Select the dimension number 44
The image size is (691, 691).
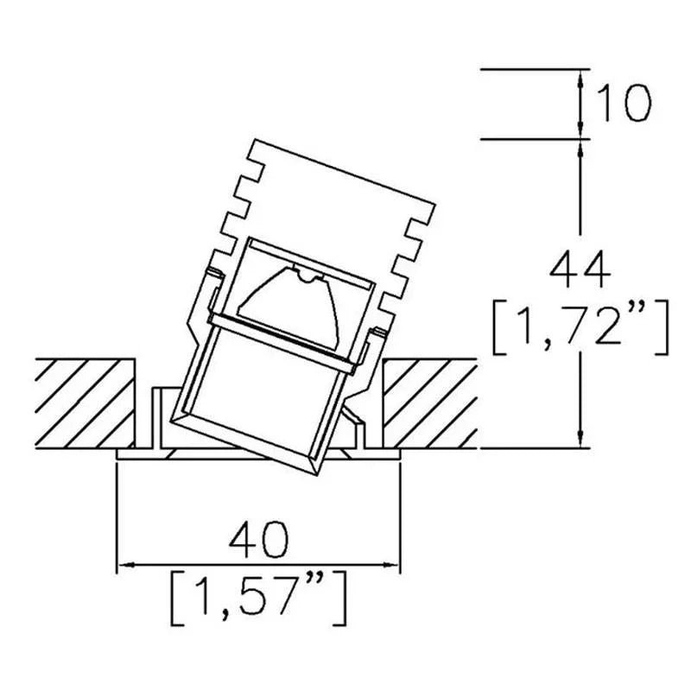point(580,269)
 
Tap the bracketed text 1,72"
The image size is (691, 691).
point(580,327)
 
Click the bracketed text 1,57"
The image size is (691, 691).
point(258,597)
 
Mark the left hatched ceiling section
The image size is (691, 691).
point(85,403)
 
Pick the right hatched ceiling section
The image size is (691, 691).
point(430,403)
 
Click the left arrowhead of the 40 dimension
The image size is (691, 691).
point(126,565)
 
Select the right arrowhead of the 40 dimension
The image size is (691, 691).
point(391,565)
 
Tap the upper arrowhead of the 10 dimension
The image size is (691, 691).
point(580,79)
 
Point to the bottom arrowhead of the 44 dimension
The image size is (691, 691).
point(580,439)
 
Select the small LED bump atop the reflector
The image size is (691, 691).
point(310,276)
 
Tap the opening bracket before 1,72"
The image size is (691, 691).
point(498,327)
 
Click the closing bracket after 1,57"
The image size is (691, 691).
point(339,599)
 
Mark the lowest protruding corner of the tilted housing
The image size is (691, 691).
point(316,476)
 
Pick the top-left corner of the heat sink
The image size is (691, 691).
point(256,140)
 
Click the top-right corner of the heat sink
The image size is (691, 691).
point(435,204)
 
